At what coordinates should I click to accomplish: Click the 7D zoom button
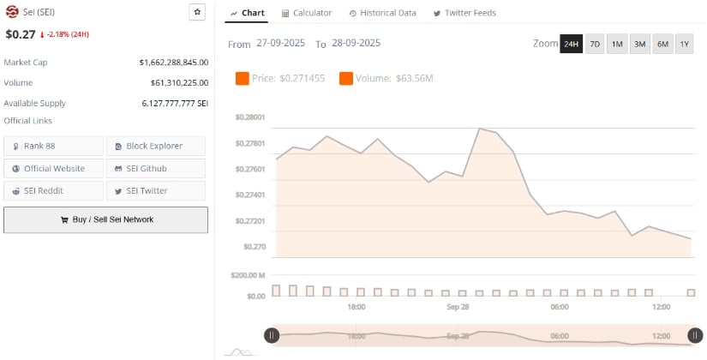point(594,44)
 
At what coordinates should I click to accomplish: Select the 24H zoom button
point(571,44)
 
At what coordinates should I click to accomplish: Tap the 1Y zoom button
point(684,44)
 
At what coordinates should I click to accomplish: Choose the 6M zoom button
point(662,44)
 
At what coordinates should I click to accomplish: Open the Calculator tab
point(306,13)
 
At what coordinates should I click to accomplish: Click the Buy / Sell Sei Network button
point(105,219)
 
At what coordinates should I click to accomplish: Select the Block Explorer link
point(155,146)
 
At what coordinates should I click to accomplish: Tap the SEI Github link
point(155,168)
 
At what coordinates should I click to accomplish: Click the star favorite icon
point(197,12)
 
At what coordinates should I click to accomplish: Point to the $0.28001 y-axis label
point(249,117)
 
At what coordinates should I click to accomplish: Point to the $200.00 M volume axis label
point(249,275)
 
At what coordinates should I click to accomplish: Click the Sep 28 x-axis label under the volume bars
point(458,307)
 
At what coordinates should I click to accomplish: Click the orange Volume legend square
point(346,79)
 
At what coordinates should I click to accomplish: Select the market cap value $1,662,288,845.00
point(174,63)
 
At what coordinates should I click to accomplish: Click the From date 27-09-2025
point(280,43)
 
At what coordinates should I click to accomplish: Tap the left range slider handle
point(271,336)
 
